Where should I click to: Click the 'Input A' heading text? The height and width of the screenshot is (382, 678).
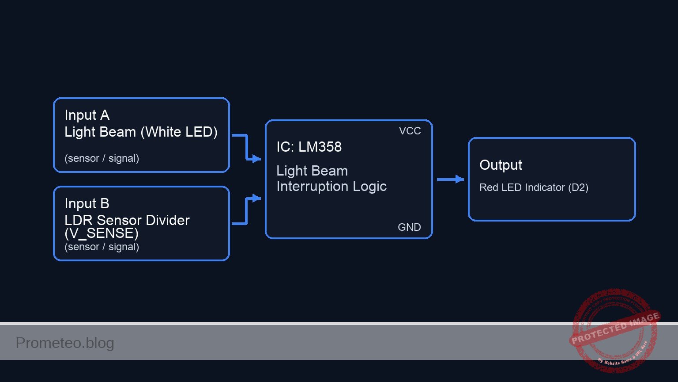[x=87, y=115]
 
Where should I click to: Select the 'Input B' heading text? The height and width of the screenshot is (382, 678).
[x=87, y=204]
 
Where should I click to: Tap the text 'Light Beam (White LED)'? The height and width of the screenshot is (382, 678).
[x=141, y=132]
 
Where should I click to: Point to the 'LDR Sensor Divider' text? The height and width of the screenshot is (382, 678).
[x=127, y=220]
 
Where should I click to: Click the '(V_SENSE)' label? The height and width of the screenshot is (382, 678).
[x=102, y=233]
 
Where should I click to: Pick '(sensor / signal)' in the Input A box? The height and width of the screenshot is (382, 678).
[x=102, y=158]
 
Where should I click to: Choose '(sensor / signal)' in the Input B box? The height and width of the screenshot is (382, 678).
[x=102, y=247]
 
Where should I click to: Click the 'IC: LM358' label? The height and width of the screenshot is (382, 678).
[x=309, y=147]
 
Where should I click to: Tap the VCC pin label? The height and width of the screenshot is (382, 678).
[x=410, y=131]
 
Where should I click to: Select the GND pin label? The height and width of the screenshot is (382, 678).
[x=409, y=227]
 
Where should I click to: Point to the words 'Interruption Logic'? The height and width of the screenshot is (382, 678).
[x=331, y=187]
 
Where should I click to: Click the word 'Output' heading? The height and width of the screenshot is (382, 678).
[x=501, y=165]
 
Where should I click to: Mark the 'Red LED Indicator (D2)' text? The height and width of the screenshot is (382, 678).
[x=534, y=187]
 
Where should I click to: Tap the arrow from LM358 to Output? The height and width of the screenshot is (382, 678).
[x=450, y=179]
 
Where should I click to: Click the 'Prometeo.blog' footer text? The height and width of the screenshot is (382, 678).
[x=65, y=343]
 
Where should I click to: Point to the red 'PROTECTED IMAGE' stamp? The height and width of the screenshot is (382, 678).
[x=614, y=330]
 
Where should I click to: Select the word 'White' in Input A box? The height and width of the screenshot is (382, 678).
[x=163, y=132]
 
